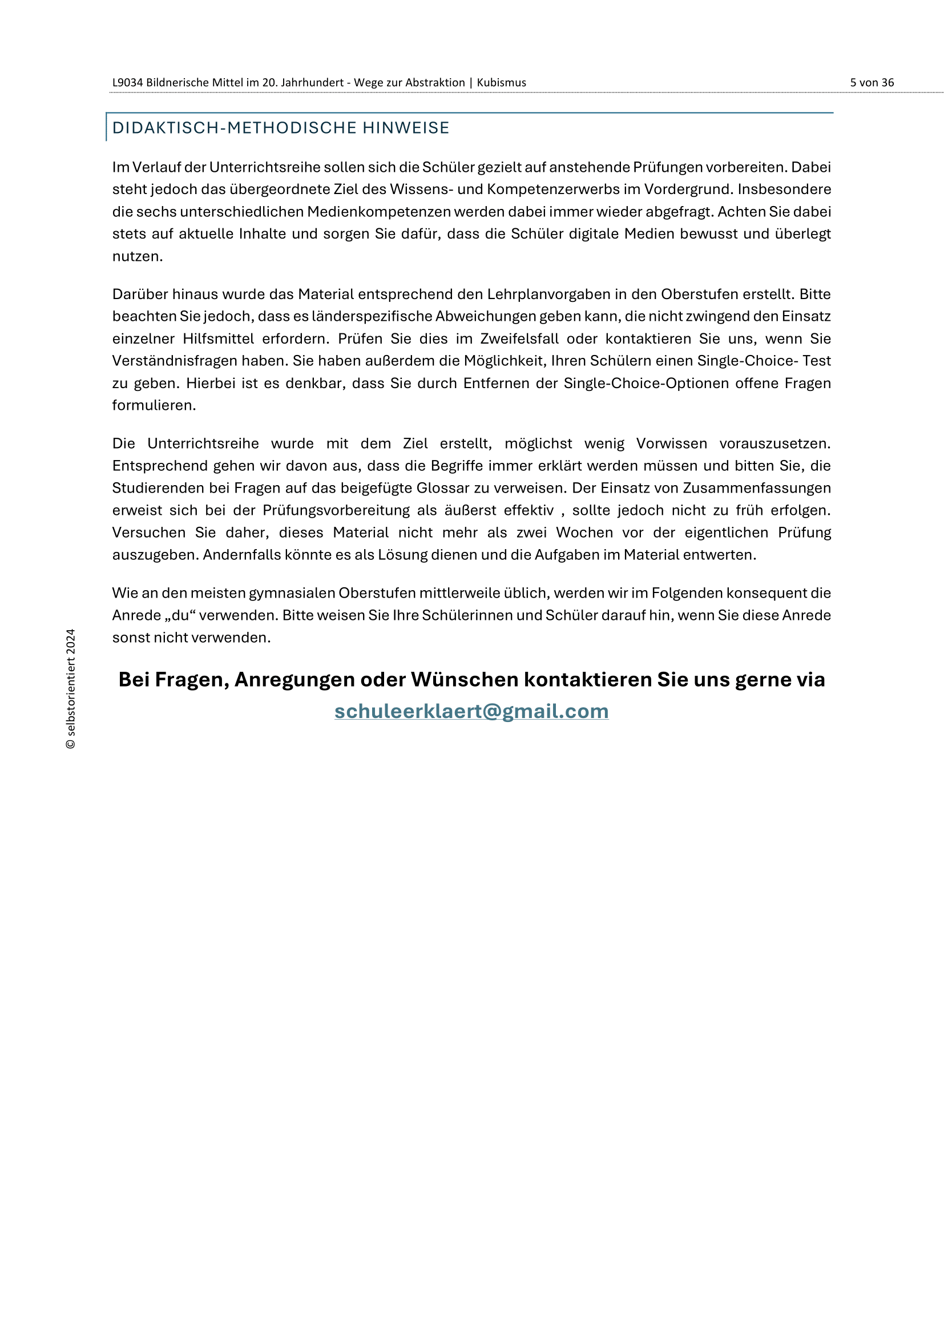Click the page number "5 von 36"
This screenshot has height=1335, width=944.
click(x=872, y=83)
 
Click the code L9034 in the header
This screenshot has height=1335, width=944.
click(x=127, y=83)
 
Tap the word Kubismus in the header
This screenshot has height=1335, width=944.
click(x=501, y=83)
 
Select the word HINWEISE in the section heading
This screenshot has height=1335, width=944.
click(x=406, y=128)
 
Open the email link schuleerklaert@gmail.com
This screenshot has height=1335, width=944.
click(x=471, y=711)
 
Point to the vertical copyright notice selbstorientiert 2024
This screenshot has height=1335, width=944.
click(x=71, y=688)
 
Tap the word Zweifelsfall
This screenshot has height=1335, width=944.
click(x=519, y=339)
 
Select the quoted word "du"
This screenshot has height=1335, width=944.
click(x=180, y=615)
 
